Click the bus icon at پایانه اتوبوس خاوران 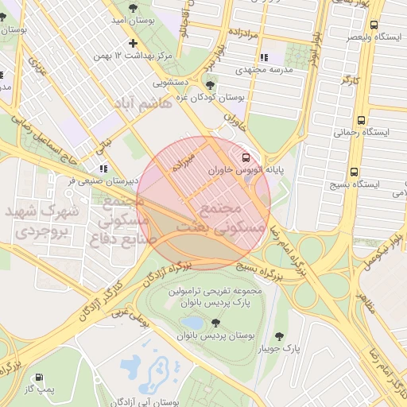pos(244,158)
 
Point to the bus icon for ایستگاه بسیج pos(354,171)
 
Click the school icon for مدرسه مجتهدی pos(264,57)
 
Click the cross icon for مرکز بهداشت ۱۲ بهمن pos(133,43)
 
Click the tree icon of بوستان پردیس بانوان pos(215,323)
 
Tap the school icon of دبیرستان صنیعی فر pos(103,169)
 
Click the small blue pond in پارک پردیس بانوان pos(191,322)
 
